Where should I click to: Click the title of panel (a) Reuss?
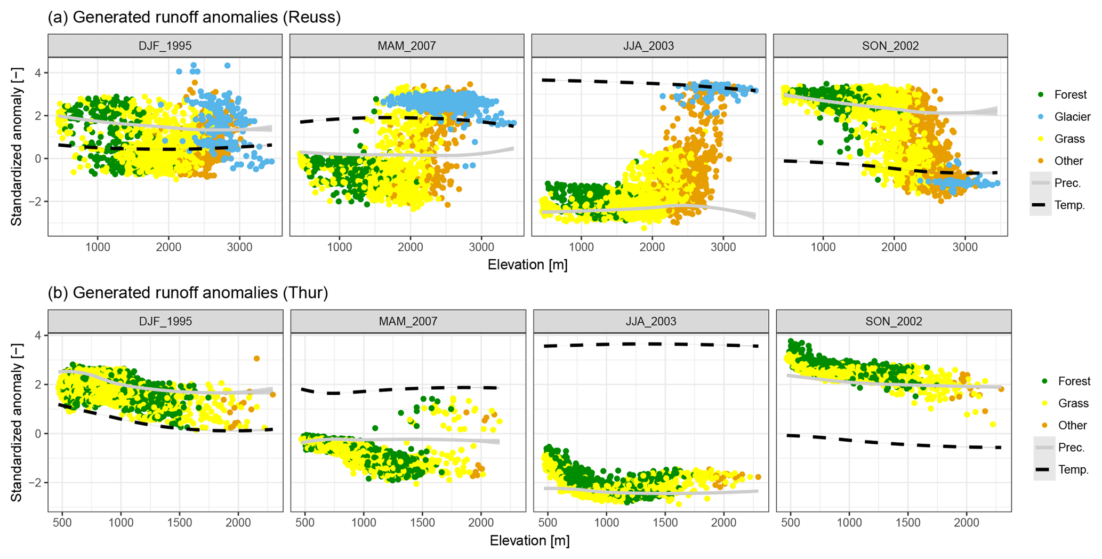click(194, 17)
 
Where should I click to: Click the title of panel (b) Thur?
click(188, 293)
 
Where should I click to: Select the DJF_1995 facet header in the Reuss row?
click(165, 46)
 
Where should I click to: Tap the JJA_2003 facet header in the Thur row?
click(650, 322)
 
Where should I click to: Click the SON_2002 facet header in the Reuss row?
click(890, 46)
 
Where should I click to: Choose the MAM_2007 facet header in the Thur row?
click(408, 322)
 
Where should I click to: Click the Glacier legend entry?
click(1072, 117)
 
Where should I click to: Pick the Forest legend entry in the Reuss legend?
click(1069, 95)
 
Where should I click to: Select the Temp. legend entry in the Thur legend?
click(1073, 470)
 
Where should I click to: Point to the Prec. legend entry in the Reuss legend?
click(1067, 183)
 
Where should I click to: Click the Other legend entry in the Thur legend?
click(1072, 426)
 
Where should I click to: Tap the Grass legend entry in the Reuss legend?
click(1069, 139)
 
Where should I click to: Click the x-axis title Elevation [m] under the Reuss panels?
click(527, 265)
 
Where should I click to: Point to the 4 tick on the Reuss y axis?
click(38, 73)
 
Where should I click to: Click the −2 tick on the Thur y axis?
click(36, 483)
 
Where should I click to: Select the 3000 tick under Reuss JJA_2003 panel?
click(723, 247)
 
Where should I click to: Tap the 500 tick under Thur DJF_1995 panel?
click(62, 523)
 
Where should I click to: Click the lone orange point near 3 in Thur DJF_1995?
click(256, 359)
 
